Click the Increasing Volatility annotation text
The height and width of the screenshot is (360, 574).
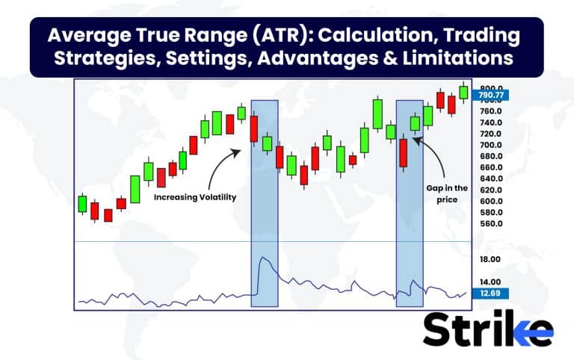point(194,197)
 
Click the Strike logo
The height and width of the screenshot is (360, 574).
point(487,329)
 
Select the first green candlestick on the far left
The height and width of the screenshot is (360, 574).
point(82,203)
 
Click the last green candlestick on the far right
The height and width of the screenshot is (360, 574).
point(463,92)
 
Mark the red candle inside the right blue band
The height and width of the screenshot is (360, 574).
point(404,152)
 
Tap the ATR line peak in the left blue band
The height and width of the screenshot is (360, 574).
point(261,258)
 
